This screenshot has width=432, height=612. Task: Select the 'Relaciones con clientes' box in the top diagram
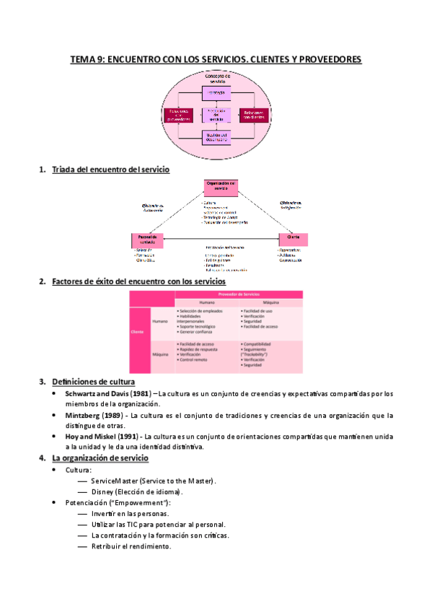[x=254, y=115]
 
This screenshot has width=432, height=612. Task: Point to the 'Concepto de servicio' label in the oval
[x=217, y=78]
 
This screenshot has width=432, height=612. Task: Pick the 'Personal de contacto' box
[x=148, y=238]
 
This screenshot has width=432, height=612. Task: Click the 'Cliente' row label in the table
[x=137, y=331]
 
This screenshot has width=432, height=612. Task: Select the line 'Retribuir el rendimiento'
[x=131, y=546]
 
